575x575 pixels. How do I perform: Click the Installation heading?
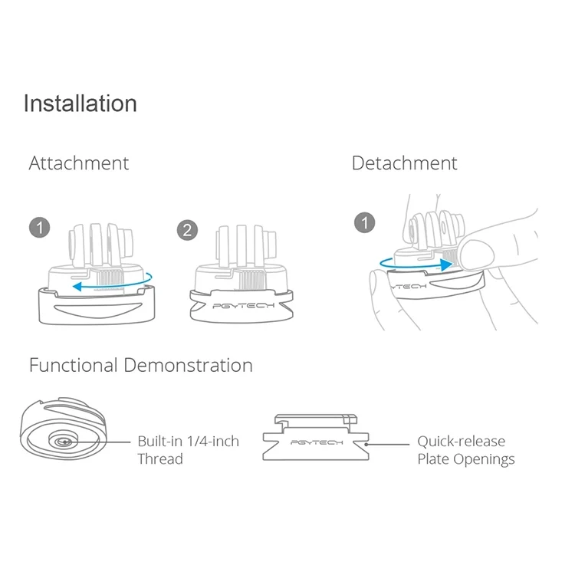[x=80, y=103]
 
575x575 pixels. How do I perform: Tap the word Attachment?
[x=79, y=163]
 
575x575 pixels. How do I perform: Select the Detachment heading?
[x=405, y=163]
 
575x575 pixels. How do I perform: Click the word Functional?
[x=74, y=365]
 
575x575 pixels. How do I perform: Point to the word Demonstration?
[x=188, y=365]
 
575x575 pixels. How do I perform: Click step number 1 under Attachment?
[x=40, y=228]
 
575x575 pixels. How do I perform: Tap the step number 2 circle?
[x=187, y=230]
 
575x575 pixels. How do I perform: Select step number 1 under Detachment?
[x=364, y=222]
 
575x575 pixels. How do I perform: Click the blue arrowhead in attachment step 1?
[x=77, y=287]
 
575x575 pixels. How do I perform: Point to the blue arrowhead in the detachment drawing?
[x=447, y=264]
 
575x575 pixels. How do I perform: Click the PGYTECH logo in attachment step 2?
[x=244, y=305]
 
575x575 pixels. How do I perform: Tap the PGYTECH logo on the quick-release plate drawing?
[x=317, y=442]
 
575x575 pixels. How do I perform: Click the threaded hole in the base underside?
[x=64, y=442]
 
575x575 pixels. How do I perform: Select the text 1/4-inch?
[x=213, y=441]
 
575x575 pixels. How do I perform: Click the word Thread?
[x=160, y=459]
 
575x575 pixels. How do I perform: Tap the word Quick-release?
[x=462, y=442]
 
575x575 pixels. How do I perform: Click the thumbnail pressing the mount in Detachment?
[x=477, y=254]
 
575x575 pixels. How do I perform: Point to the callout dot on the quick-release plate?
[x=366, y=445]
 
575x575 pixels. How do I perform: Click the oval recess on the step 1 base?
[x=98, y=309]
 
